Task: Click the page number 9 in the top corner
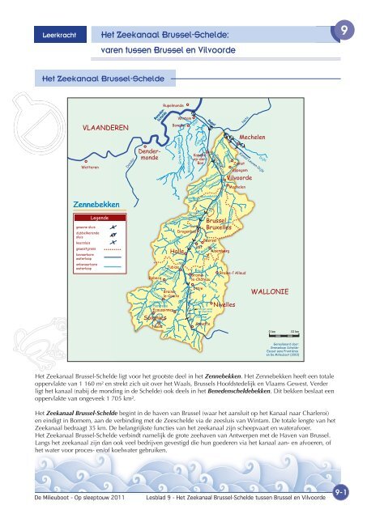click(345, 31)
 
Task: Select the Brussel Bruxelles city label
click(218, 224)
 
